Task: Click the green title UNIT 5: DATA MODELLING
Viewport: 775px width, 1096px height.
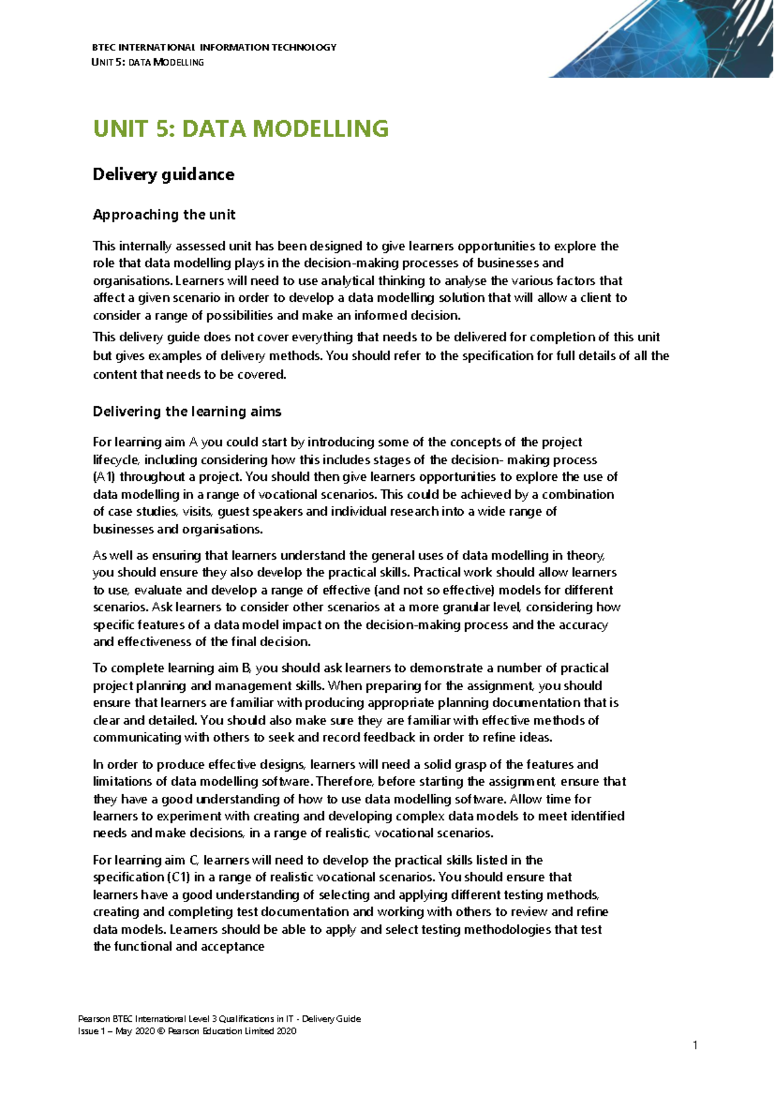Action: [241, 129]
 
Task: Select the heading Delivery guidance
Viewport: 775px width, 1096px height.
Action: [163, 174]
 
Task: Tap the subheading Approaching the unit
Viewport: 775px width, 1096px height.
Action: [164, 215]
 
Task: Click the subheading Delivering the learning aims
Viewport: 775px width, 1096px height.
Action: [187, 412]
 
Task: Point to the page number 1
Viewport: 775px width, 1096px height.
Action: [695, 1045]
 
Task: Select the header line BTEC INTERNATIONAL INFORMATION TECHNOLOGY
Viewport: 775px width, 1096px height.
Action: [214, 47]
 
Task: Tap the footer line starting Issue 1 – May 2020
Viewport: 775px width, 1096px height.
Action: [187, 1031]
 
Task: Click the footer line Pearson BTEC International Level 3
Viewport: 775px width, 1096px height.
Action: [218, 1019]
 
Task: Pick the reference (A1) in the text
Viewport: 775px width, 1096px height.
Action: [104, 477]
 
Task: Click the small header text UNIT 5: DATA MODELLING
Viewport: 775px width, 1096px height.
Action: [148, 63]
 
